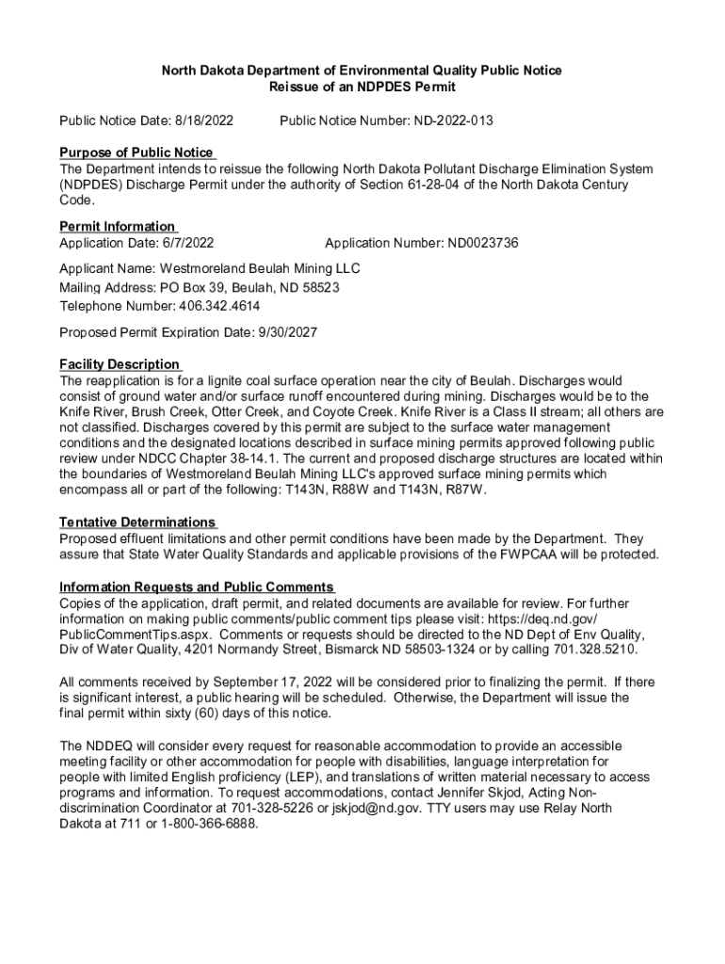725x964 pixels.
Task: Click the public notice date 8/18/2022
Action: pyautogui.click(x=200, y=121)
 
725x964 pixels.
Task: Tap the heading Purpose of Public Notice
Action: pyautogui.click(x=137, y=153)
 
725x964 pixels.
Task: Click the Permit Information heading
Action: pyautogui.click(x=118, y=227)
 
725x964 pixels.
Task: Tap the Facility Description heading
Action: pyautogui.click(x=120, y=364)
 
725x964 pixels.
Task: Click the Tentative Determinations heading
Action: pyautogui.click(x=137, y=522)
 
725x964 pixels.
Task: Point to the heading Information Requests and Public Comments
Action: pyautogui.click(x=196, y=587)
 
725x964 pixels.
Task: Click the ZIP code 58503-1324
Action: pyautogui.click(x=444, y=651)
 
